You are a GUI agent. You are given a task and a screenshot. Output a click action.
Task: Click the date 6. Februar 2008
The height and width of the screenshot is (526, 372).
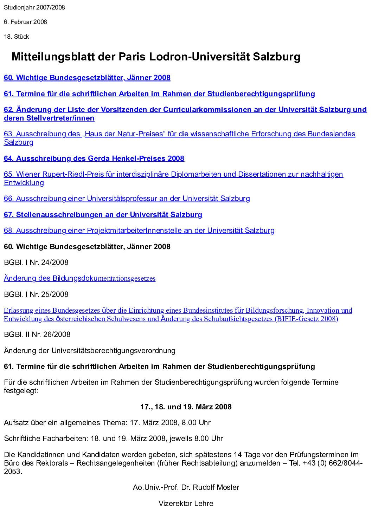point(25,22)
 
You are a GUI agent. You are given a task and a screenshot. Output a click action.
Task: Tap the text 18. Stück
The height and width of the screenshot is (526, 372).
point(17,37)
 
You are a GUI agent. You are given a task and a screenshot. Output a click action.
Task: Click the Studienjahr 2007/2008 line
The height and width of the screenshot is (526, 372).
point(34,7)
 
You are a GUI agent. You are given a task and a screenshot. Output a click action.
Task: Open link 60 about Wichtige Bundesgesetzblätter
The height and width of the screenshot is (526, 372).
point(87,78)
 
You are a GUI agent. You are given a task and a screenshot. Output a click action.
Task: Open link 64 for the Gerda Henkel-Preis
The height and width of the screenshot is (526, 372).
point(94,158)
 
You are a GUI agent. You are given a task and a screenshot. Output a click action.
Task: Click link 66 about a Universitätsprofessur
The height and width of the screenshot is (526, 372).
point(127,199)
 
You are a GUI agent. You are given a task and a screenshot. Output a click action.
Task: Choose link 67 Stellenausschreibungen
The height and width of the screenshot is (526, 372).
point(103,215)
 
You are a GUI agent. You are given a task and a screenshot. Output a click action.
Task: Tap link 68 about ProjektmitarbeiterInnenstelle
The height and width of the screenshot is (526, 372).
point(139,230)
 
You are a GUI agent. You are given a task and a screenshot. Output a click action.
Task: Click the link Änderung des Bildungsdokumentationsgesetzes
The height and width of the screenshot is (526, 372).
point(79,278)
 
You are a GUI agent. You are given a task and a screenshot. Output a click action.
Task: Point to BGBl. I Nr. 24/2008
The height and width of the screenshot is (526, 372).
point(36,262)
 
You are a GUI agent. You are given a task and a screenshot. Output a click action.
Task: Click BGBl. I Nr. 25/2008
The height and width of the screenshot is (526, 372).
point(36,294)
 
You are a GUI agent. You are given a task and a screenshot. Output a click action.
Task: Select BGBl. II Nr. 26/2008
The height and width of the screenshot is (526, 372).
point(37,335)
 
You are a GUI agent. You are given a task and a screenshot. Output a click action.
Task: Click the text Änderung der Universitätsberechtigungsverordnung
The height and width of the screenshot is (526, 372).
point(89,351)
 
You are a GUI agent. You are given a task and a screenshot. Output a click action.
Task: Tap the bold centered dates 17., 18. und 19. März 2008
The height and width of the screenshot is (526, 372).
point(186,407)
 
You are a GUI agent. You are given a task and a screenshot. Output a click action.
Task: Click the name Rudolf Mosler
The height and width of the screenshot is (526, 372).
point(218,487)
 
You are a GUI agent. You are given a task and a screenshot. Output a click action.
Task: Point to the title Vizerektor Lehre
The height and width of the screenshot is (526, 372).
point(186,504)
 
